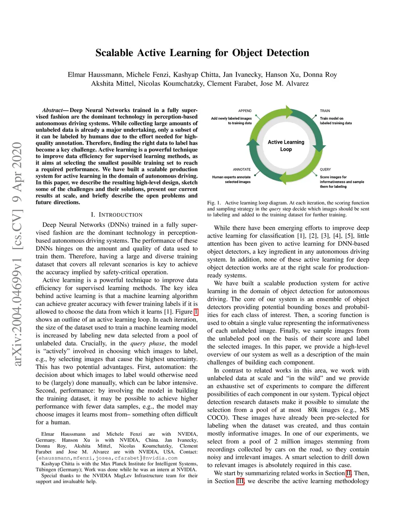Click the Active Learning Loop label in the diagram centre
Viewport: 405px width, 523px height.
pos(286,146)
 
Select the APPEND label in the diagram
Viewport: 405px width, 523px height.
pos(245,111)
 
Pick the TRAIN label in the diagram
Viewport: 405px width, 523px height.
pos(325,111)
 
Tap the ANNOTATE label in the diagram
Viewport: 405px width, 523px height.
pos(242,169)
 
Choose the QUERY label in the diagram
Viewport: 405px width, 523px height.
pos(325,169)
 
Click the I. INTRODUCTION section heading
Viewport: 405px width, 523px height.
pos(116,215)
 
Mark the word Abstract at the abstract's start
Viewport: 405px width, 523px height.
pos(52,110)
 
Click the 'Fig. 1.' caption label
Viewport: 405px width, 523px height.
pos(214,203)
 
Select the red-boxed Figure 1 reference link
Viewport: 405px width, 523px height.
pos(196,312)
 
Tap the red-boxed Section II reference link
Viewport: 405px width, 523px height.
pos(348,473)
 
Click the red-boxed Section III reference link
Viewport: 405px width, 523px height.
pos(240,481)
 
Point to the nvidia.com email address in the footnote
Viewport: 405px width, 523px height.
pos(106,458)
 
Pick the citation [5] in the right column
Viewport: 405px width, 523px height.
pos(350,236)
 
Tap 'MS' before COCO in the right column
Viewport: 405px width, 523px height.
pos(364,410)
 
